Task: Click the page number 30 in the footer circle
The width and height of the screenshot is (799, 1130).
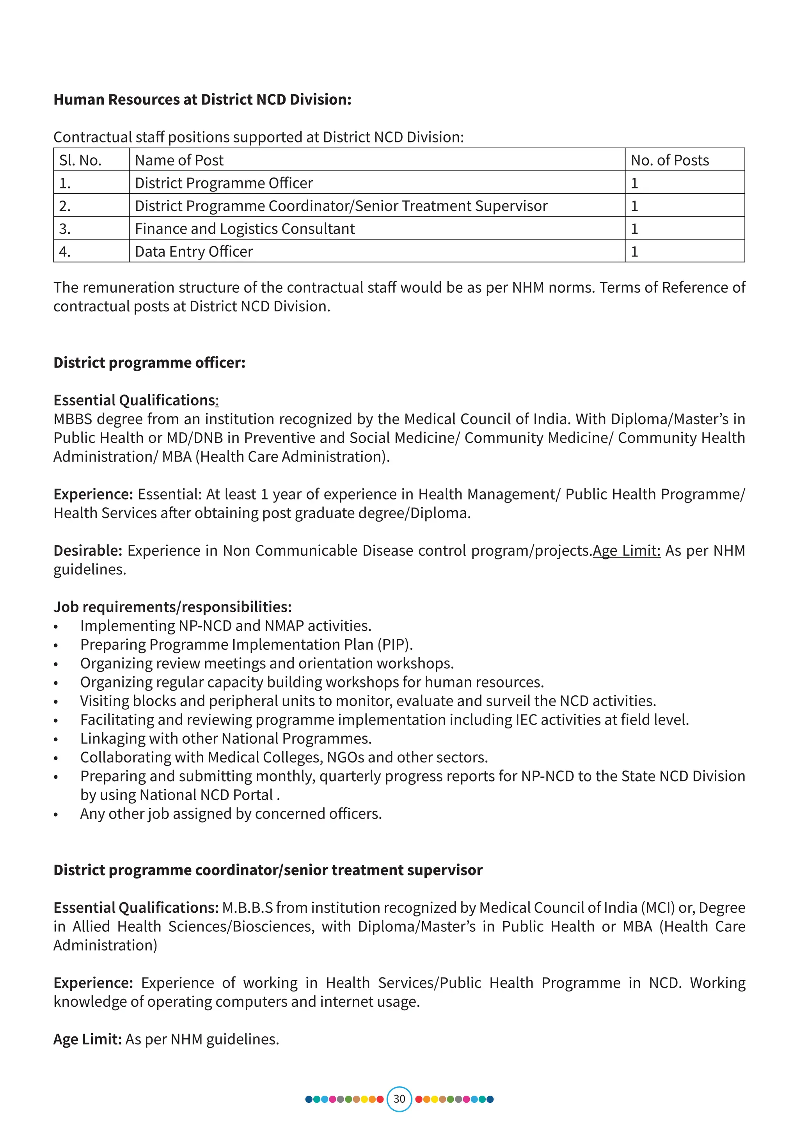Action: coord(399,1098)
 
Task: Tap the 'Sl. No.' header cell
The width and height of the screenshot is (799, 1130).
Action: coord(80,160)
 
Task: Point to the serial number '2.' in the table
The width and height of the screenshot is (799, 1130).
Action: coord(65,206)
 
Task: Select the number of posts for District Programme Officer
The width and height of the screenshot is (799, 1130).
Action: coord(634,183)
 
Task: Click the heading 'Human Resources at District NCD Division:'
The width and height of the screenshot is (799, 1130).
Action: coord(202,99)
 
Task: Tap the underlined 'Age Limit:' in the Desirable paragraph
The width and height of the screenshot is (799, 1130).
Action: coord(626,550)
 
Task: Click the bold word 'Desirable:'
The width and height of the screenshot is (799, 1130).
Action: coord(87,550)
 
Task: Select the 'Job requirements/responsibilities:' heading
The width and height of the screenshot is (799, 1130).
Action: coord(172,606)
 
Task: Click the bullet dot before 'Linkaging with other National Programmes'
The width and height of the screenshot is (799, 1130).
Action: coord(56,740)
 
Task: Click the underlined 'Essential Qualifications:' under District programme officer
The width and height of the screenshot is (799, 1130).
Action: coord(136,400)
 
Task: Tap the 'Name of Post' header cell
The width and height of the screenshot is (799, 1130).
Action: coord(179,160)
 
